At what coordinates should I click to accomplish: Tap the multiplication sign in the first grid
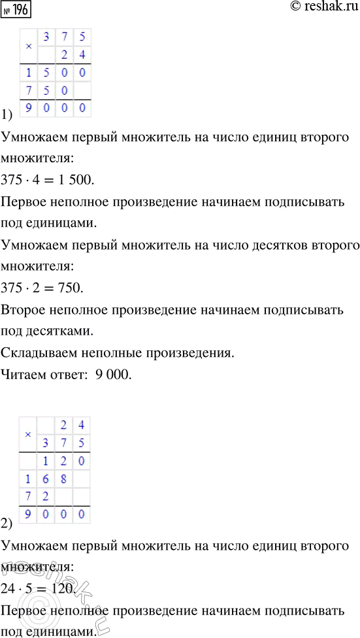point(28,47)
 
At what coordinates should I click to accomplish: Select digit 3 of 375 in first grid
point(46,37)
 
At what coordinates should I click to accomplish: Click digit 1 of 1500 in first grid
point(29,72)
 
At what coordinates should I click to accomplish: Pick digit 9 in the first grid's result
point(29,109)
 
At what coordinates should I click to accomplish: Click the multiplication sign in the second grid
point(28,435)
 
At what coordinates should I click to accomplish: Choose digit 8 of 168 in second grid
point(64,479)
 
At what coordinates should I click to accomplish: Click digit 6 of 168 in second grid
point(46,479)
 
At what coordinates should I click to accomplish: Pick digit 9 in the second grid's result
point(29,515)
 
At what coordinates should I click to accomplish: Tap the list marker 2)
point(8,523)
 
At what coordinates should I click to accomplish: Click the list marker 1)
point(8,116)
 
